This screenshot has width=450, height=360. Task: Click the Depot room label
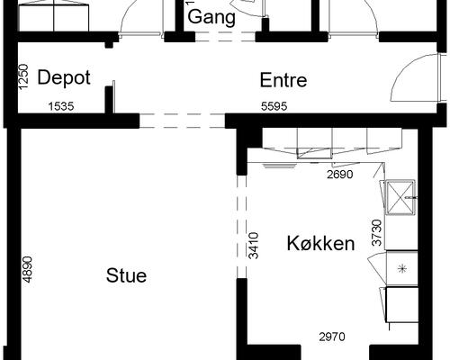click(x=64, y=78)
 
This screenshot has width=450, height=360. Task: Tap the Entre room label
click(x=283, y=80)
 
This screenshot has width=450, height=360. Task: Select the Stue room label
click(x=126, y=275)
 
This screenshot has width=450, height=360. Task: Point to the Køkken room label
click(x=320, y=243)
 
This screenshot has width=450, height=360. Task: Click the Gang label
click(x=211, y=17)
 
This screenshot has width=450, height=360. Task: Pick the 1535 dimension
click(x=61, y=106)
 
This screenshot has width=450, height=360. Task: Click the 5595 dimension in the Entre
click(x=274, y=106)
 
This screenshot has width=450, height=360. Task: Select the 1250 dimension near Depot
click(x=23, y=76)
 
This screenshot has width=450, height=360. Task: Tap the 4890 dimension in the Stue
click(x=27, y=269)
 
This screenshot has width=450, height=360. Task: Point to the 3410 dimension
click(x=254, y=246)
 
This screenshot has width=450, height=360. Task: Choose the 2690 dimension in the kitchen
click(x=340, y=175)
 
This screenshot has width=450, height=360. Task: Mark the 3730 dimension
click(x=377, y=233)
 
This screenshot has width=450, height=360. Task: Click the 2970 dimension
click(x=332, y=337)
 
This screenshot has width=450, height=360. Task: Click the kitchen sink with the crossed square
click(x=400, y=197)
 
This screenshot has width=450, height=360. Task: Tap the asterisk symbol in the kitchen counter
click(x=402, y=268)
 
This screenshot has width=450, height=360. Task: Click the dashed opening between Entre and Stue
click(x=182, y=121)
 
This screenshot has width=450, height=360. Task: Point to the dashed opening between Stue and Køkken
click(x=242, y=227)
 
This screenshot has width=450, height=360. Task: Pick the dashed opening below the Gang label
click(x=225, y=37)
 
